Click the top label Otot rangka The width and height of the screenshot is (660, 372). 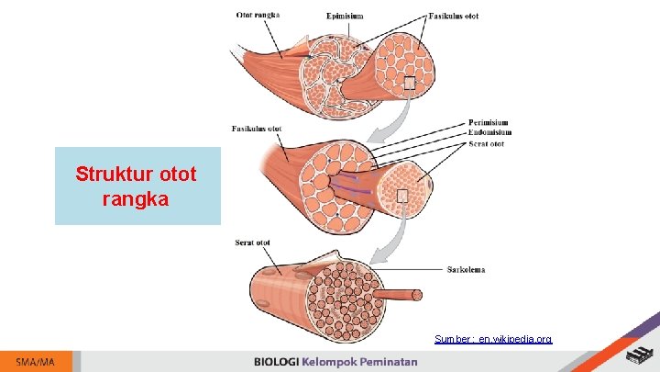coord(258,14)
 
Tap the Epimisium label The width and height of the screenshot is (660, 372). coord(345,15)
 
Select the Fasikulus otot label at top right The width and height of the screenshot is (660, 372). coord(453,16)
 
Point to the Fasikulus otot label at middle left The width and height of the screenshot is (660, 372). coord(257,129)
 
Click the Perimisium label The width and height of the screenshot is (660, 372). coord(488,122)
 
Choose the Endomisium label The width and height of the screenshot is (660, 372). coord(489,132)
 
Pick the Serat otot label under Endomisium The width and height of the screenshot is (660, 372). coord(486,143)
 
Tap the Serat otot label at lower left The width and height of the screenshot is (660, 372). coord(252,242)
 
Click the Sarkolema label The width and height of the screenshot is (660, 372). coord(467,270)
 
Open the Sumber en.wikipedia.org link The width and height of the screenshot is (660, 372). coord(493,339)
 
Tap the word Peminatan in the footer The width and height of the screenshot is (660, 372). coord(386,362)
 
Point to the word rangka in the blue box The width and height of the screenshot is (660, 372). coord(136,197)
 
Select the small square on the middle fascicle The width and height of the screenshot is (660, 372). coord(401,196)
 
